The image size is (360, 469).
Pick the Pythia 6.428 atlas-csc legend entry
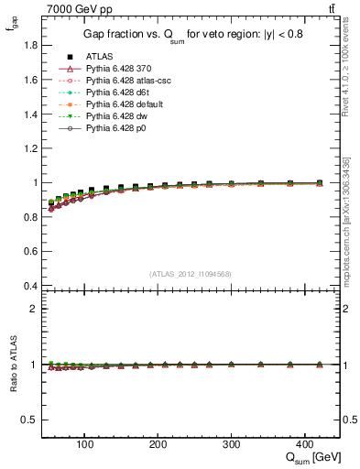click(128, 81)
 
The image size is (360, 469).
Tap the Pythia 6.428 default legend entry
click(125, 104)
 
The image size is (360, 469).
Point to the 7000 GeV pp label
click(72, 8)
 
